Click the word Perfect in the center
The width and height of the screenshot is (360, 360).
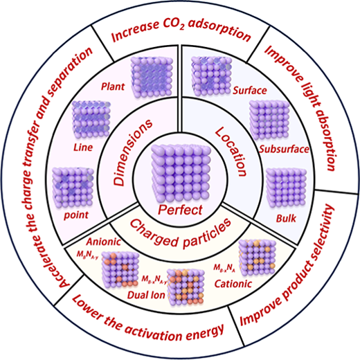click(180, 210)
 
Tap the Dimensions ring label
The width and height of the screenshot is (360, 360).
click(132, 152)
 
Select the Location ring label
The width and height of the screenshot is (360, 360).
click(231, 152)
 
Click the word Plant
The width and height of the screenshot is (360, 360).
click(113, 87)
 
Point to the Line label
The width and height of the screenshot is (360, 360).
click(83, 147)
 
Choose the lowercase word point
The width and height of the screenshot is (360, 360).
click(76, 215)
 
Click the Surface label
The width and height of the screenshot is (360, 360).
click(249, 91)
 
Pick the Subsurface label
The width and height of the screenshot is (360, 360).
click(284, 149)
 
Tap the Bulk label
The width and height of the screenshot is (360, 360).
click(286, 218)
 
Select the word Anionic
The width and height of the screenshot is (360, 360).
click(104, 242)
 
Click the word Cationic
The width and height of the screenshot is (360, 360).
click(233, 284)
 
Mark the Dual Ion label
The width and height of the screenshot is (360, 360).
click(146, 295)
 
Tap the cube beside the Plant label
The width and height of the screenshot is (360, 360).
click(152, 78)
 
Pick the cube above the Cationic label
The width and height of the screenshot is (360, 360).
click(257, 258)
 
